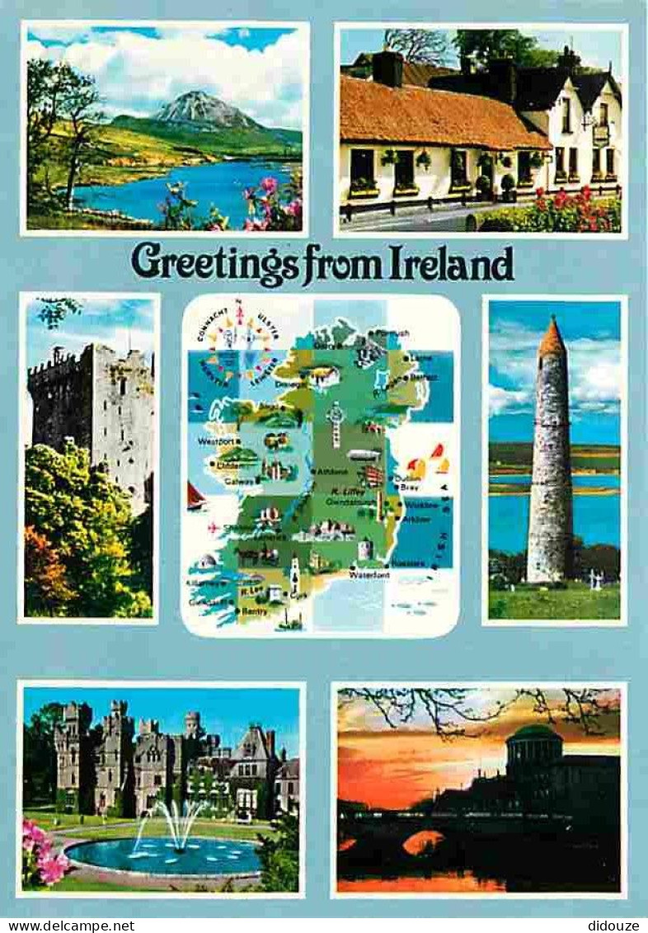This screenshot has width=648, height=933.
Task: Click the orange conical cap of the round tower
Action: point(552,337)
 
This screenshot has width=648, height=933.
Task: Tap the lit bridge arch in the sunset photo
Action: point(422,841)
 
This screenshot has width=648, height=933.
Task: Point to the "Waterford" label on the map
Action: point(369,574)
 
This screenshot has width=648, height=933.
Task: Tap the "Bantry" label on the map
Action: point(256,611)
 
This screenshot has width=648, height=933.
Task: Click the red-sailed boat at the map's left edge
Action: point(195,497)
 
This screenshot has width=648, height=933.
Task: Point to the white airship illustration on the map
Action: point(363,455)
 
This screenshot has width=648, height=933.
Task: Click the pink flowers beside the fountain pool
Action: point(43,854)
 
